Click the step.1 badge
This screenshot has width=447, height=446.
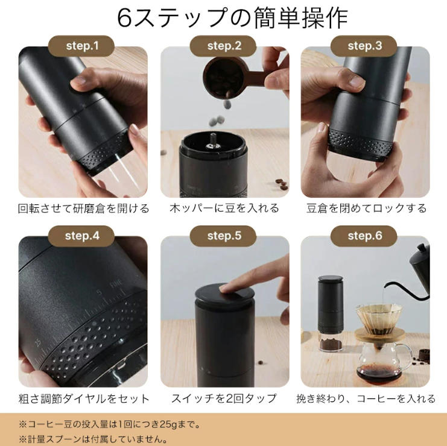(81, 46)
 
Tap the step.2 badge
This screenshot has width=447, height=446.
(223, 46)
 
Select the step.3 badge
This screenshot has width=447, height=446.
(364, 46)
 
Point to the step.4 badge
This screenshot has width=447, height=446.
(81, 236)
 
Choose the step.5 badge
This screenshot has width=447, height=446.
(223, 236)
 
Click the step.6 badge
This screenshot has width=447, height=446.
(364, 236)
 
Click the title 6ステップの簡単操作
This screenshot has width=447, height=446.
(232, 17)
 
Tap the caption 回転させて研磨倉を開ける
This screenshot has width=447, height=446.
(83, 209)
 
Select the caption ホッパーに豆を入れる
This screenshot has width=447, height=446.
(224, 208)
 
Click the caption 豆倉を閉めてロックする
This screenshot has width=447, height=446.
(367, 208)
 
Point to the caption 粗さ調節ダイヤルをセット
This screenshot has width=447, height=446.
(84, 398)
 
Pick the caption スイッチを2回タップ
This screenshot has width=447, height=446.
(224, 398)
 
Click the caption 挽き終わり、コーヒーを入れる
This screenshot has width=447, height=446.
(366, 398)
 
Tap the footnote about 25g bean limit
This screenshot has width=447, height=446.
(109, 424)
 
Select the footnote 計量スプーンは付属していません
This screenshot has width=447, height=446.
(93, 439)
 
